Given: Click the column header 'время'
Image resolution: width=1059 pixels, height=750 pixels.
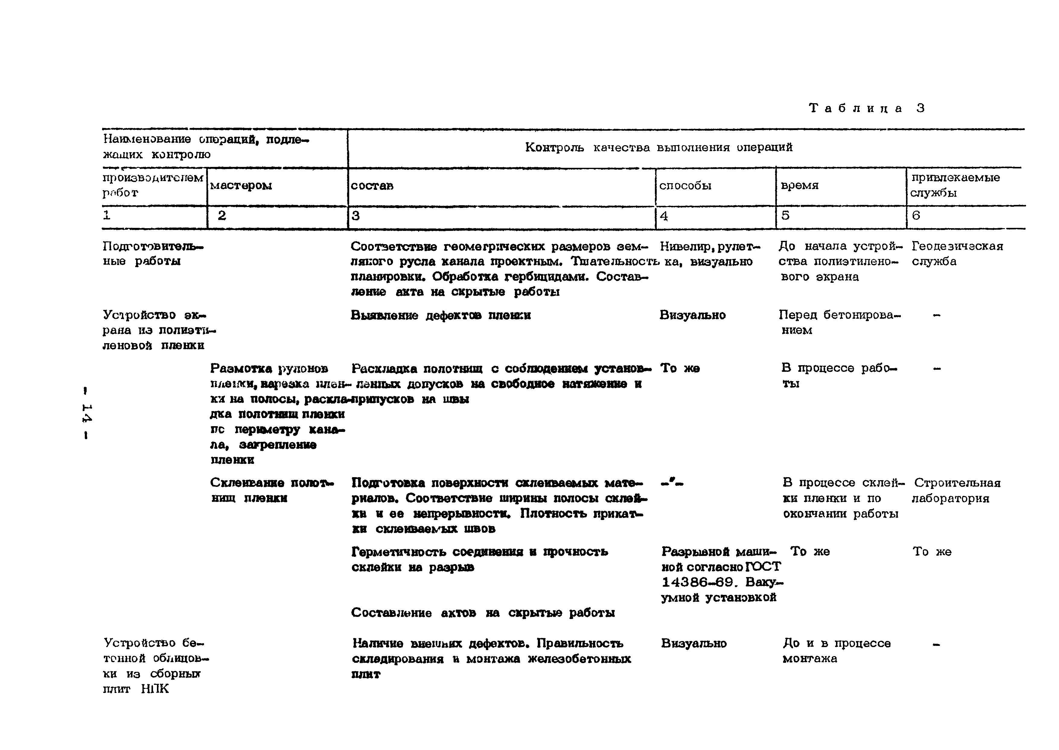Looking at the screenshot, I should [x=799, y=186].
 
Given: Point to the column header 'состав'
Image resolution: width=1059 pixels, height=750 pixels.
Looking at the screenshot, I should [x=372, y=186].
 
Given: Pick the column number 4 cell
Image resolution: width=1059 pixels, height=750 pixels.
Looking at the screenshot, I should [x=664, y=216].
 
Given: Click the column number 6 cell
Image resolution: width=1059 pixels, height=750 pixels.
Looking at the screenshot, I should [x=916, y=216].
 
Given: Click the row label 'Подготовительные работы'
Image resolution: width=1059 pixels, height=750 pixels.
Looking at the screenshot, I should [x=152, y=254].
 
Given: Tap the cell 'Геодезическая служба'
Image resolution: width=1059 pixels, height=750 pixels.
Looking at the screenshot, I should [x=957, y=254].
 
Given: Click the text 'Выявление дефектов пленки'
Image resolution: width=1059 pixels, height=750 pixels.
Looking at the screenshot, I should [x=441, y=315].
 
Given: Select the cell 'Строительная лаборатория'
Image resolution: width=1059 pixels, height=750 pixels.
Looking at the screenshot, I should [x=956, y=490].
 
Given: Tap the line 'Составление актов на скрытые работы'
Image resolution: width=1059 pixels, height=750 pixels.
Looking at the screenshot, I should [x=483, y=613].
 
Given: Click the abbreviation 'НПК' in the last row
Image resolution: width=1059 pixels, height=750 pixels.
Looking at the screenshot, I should [x=155, y=689].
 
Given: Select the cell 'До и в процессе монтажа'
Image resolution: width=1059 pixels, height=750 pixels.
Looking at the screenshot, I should [x=836, y=651].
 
